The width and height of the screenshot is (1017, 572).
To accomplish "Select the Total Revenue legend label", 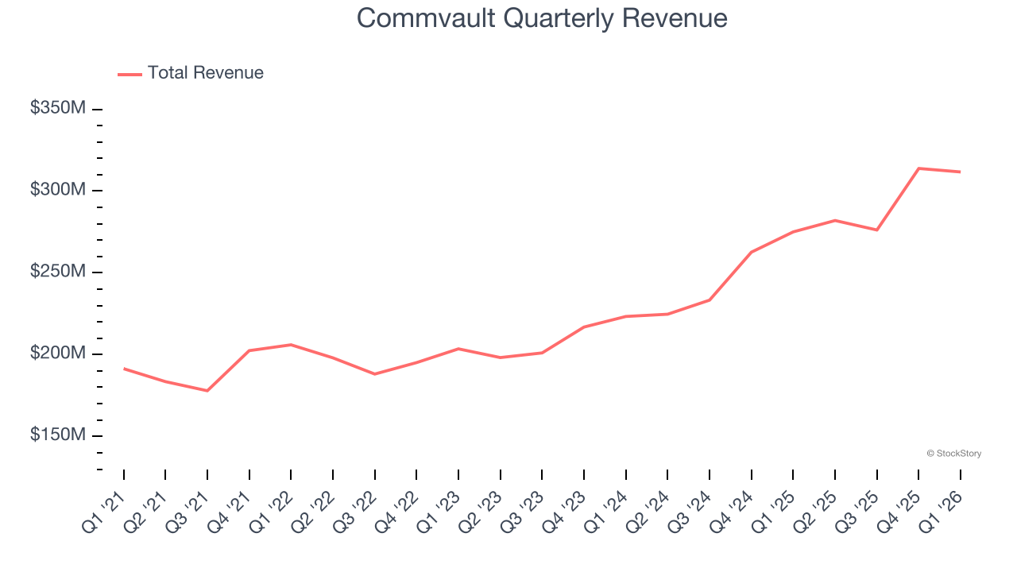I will [205, 73].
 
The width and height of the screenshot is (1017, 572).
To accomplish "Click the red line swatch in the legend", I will [130, 74].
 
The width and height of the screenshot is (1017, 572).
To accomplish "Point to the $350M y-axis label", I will [57, 108].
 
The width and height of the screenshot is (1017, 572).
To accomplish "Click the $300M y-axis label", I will [57, 190].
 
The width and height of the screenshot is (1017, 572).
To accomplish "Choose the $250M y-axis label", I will [57, 272].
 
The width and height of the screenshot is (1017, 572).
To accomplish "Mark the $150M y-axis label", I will [57, 435].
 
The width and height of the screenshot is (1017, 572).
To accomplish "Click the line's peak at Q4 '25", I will [918, 168].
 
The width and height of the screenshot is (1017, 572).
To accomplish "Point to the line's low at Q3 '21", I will [207, 391].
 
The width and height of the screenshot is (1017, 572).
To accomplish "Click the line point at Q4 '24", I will [751, 252].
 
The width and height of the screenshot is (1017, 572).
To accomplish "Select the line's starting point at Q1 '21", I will [124, 369].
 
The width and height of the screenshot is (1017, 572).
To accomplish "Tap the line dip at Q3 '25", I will [876, 230].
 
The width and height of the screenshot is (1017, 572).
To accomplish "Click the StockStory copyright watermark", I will [953, 454].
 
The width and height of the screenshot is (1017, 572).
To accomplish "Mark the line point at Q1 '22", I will [291, 345].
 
